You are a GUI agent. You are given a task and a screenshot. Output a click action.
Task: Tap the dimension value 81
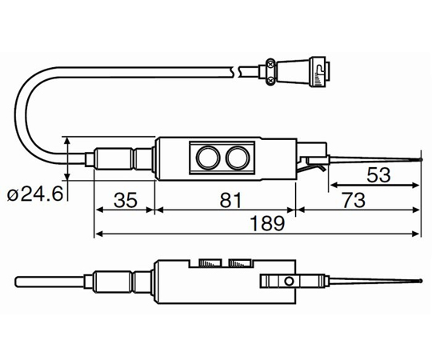click(x=230, y=199)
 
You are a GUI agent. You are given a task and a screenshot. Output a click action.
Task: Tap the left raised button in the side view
click(x=210, y=262)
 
